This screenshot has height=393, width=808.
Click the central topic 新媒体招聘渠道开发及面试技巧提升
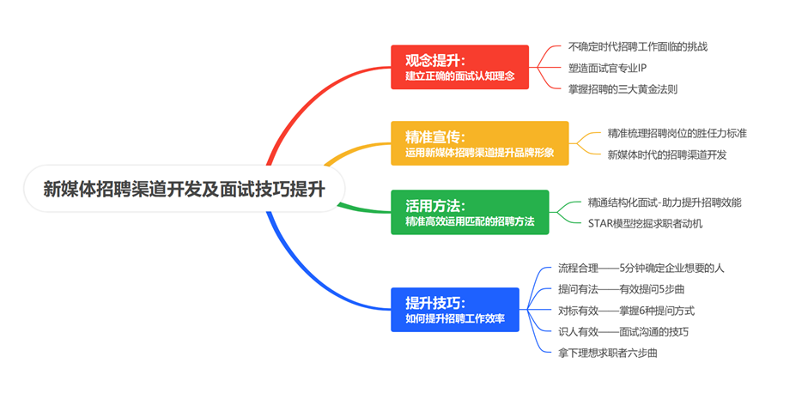183,189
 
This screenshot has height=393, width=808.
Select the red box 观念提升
459,67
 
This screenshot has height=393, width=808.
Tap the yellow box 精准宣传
480,143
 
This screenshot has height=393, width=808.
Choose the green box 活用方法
470,212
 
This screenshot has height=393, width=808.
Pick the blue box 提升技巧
455,310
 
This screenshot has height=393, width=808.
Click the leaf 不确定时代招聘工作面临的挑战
638,46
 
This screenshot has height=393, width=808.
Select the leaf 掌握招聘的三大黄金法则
623,88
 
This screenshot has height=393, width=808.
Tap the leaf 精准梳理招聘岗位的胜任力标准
677,133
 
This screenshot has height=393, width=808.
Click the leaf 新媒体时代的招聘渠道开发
667,154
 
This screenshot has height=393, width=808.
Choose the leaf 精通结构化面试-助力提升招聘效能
665,203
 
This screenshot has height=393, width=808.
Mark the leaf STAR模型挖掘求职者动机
645,224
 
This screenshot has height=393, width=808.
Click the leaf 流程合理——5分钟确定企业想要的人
644,268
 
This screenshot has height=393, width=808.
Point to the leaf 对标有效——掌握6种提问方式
626,311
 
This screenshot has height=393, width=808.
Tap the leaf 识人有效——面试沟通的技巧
623,332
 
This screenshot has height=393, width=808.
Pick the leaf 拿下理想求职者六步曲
608,354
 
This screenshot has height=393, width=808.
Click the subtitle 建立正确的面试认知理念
459,76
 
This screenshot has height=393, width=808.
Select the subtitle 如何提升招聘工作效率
455,319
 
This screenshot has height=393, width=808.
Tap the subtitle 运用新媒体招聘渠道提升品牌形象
480,153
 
